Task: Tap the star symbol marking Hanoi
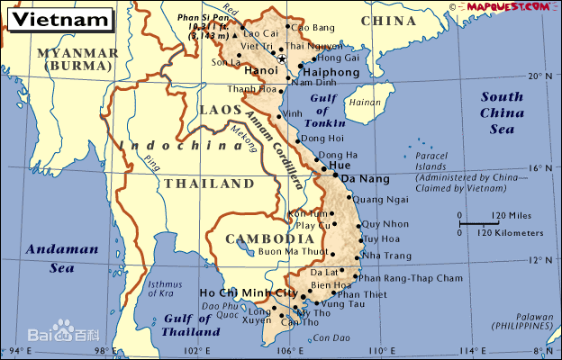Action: [x=282, y=59]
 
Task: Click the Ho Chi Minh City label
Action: [x=248, y=293]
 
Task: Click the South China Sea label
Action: [x=502, y=113]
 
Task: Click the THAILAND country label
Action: [x=208, y=183]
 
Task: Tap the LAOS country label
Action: [x=217, y=109]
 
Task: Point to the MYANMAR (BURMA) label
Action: [x=77, y=59]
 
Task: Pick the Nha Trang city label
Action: [x=386, y=256]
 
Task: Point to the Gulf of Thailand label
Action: [x=192, y=325]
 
